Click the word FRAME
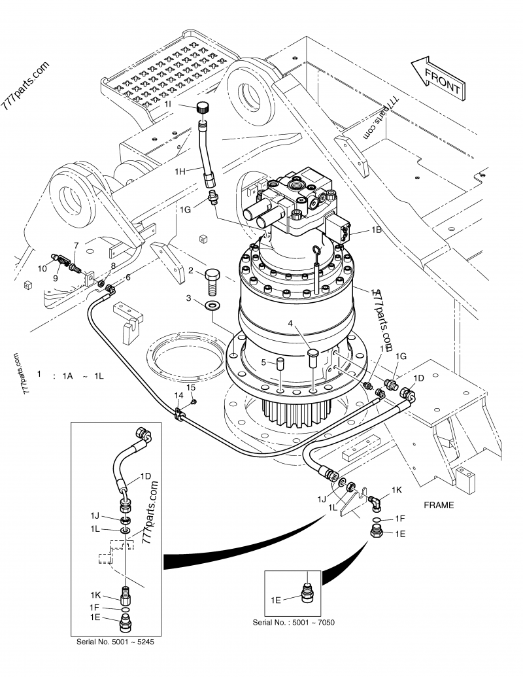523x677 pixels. (x=439, y=505)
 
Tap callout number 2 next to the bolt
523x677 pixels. (x=190, y=270)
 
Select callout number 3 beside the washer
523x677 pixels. (x=189, y=298)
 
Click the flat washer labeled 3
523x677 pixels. (x=213, y=307)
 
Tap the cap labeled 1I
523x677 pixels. (x=203, y=109)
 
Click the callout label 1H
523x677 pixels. (x=181, y=171)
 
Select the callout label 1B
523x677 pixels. (x=376, y=230)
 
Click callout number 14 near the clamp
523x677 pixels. (x=178, y=396)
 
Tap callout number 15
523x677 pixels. (x=191, y=388)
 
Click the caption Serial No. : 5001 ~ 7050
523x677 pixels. (x=294, y=622)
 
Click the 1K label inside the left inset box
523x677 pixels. (x=96, y=594)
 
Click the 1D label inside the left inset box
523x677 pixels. (x=145, y=476)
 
